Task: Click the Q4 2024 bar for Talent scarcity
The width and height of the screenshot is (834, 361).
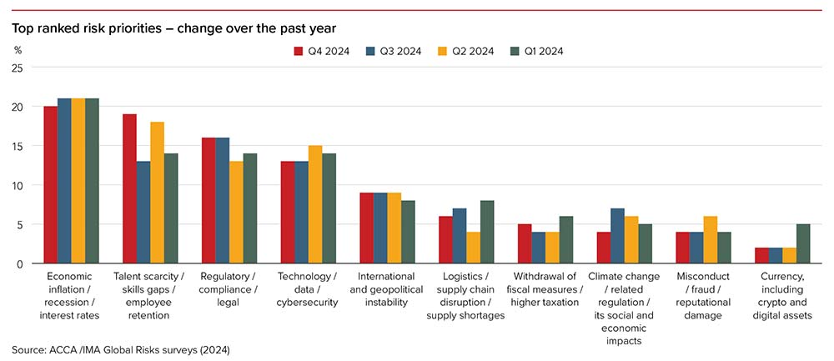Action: (x=130, y=189)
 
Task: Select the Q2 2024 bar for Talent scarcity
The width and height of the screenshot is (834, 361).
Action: (x=157, y=193)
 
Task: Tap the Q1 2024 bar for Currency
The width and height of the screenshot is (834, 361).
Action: (x=802, y=243)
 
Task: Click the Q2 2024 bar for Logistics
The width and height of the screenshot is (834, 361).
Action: (x=473, y=248)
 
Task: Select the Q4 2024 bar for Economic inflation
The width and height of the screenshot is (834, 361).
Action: (x=51, y=185)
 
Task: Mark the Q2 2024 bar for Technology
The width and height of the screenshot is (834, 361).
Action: (x=314, y=204)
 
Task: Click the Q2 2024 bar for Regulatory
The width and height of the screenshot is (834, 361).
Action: (x=236, y=213)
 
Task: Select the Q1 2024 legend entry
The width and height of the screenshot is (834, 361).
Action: (x=538, y=51)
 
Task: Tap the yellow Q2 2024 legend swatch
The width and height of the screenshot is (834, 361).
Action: (x=443, y=51)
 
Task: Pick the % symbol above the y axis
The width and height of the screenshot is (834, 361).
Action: (x=18, y=50)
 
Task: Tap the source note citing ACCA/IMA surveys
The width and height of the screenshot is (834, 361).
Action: (x=121, y=349)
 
